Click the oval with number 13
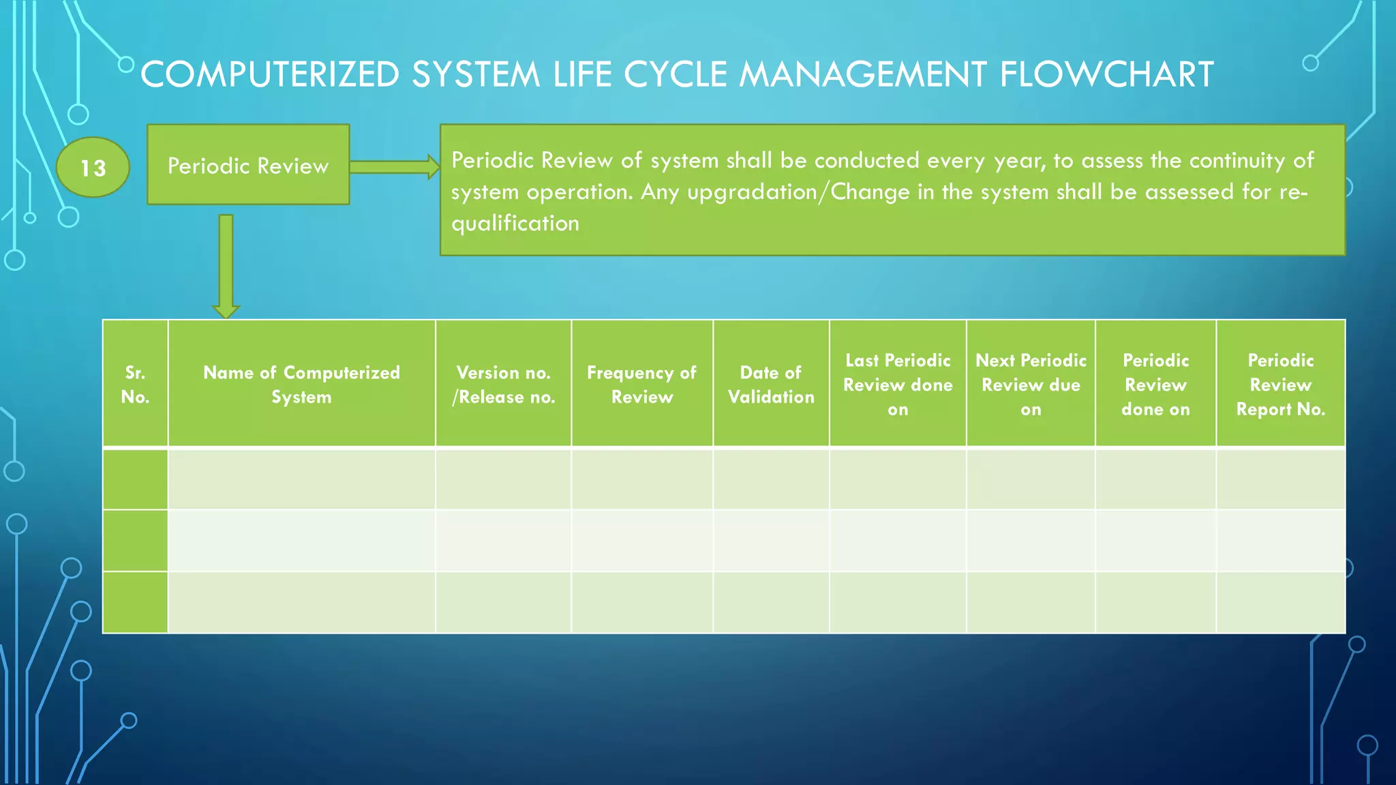(x=93, y=168)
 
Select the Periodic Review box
(x=248, y=165)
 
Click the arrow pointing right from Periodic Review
(x=394, y=167)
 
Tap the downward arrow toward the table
(x=226, y=266)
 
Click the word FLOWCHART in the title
(x=1106, y=74)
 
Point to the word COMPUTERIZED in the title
(x=269, y=74)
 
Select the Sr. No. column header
(x=135, y=384)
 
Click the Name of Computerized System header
(x=301, y=384)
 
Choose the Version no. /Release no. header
(x=503, y=384)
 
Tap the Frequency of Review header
(x=641, y=384)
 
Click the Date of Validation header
(x=771, y=384)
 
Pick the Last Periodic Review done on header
(x=898, y=384)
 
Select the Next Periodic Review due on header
(x=1031, y=384)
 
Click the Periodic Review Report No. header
(x=1280, y=384)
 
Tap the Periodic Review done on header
(x=1155, y=384)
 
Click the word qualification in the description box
(x=515, y=224)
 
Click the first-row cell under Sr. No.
(x=135, y=479)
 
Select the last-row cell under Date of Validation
(x=771, y=602)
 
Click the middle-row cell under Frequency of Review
(x=641, y=540)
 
